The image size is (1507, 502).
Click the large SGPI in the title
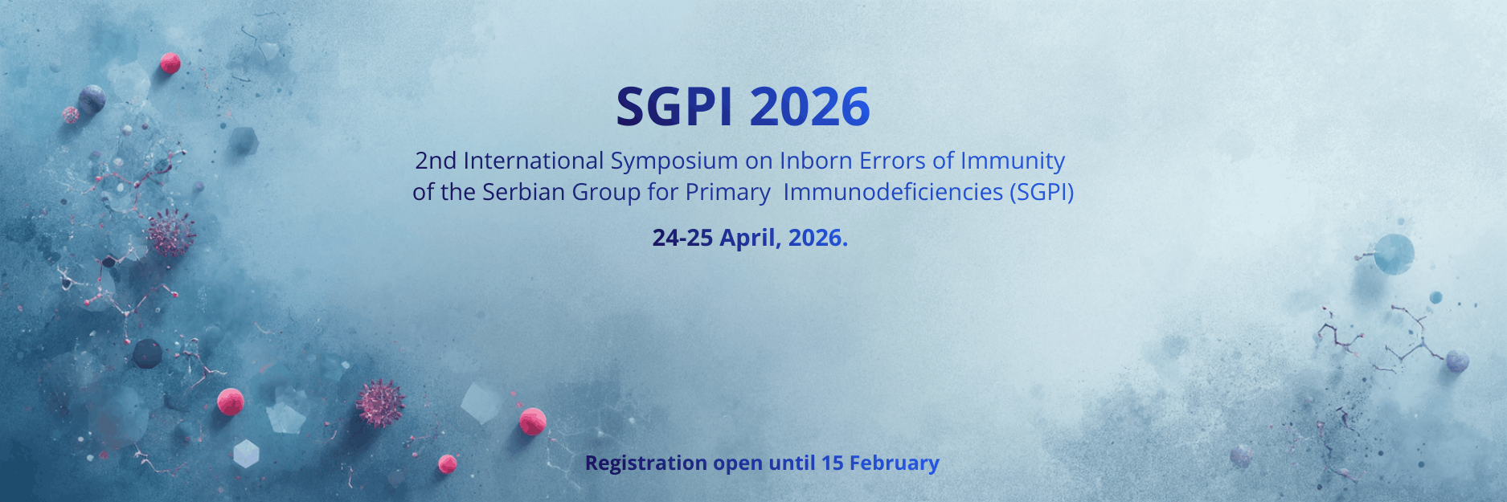(674, 106)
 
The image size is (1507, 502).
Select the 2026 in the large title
(809, 106)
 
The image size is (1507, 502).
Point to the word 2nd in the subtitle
(436, 161)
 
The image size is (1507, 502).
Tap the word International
(533, 161)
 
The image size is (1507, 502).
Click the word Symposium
(674, 162)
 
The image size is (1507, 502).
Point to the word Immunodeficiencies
(893, 192)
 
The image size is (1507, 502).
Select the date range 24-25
(682, 238)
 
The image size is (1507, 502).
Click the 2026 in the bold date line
(817, 238)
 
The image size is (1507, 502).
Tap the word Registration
(645, 463)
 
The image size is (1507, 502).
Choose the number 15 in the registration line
(832, 463)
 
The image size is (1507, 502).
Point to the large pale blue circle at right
(1394, 254)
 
